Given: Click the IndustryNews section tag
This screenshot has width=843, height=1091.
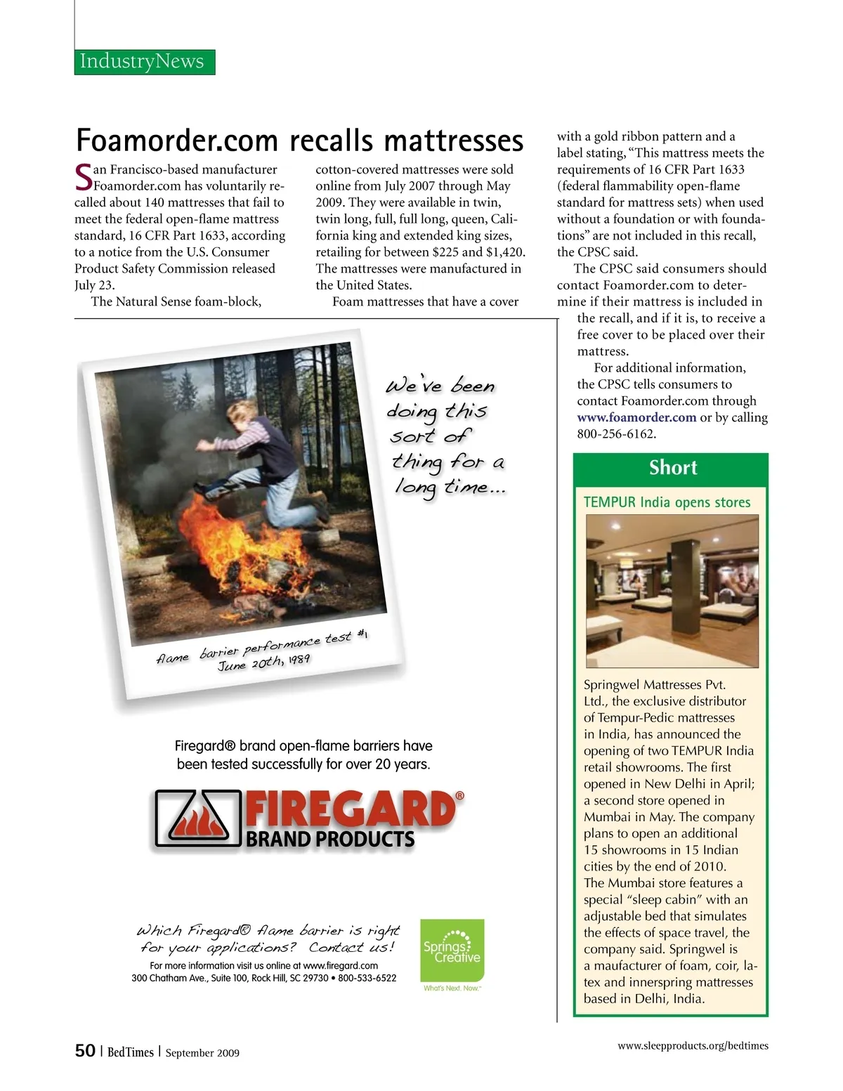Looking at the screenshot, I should [x=144, y=62].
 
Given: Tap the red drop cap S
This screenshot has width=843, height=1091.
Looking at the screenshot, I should [x=83, y=177].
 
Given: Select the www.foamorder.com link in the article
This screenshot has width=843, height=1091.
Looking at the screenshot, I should [x=636, y=417].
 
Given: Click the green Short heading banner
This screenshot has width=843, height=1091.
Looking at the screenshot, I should [x=672, y=468].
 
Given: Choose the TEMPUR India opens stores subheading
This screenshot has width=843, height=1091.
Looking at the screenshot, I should [x=667, y=502].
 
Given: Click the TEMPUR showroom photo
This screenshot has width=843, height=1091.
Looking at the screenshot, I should [x=672, y=591].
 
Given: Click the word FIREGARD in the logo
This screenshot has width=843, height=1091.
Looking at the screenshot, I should [x=350, y=810].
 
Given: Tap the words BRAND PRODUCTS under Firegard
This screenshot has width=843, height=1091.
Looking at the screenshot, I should [x=330, y=840].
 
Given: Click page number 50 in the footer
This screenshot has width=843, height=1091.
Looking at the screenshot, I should [x=85, y=1051].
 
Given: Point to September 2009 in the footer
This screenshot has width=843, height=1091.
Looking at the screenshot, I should [x=202, y=1052].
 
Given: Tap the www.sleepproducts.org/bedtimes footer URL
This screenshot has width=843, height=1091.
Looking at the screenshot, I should [x=693, y=1045].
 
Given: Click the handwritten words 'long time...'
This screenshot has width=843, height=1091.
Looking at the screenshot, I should [x=450, y=487].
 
